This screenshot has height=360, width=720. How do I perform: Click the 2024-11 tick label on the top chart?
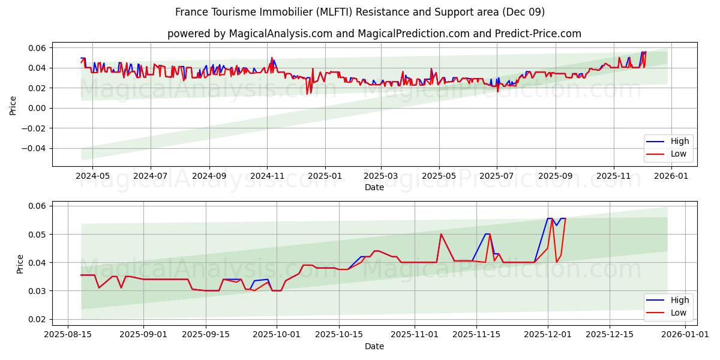(x=267, y=177)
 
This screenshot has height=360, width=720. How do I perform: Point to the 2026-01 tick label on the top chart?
(x=671, y=177)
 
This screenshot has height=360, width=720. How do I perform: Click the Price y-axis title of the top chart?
(x=13, y=106)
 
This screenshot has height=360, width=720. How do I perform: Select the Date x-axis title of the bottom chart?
(x=374, y=346)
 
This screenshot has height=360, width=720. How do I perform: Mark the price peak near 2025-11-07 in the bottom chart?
(x=441, y=234)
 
